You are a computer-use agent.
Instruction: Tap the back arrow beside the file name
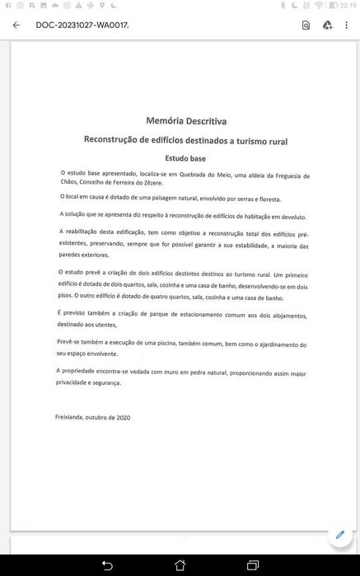(x=16, y=25)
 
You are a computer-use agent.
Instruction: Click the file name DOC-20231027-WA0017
(x=82, y=25)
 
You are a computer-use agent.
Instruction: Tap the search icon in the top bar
(x=306, y=25)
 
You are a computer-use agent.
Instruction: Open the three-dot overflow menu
(x=348, y=25)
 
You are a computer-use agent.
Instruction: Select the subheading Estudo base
(x=185, y=157)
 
